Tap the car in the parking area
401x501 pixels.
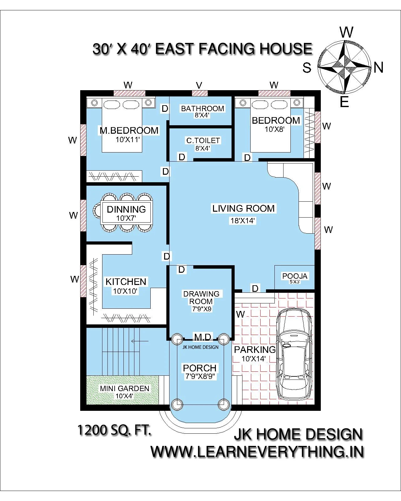[x=294, y=354]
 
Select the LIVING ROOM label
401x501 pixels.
[x=243, y=209]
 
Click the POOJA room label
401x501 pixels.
[x=295, y=276]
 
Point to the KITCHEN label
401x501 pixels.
[x=126, y=281]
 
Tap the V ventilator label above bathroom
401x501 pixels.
[x=199, y=85]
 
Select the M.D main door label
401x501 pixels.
[x=203, y=337]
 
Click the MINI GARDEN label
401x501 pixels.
[x=124, y=388]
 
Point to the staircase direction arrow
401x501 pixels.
[x=140, y=341]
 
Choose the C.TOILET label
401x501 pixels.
[x=203, y=141]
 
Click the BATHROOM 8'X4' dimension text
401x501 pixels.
[x=202, y=115]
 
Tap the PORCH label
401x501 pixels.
[x=200, y=368]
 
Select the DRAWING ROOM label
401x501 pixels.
[x=201, y=297]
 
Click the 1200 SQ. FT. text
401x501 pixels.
[x=114, y=430]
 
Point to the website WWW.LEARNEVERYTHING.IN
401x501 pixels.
[x=257, y=452]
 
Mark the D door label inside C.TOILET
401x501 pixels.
[x=182, y=157]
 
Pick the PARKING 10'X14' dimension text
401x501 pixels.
[x=254, y=359]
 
